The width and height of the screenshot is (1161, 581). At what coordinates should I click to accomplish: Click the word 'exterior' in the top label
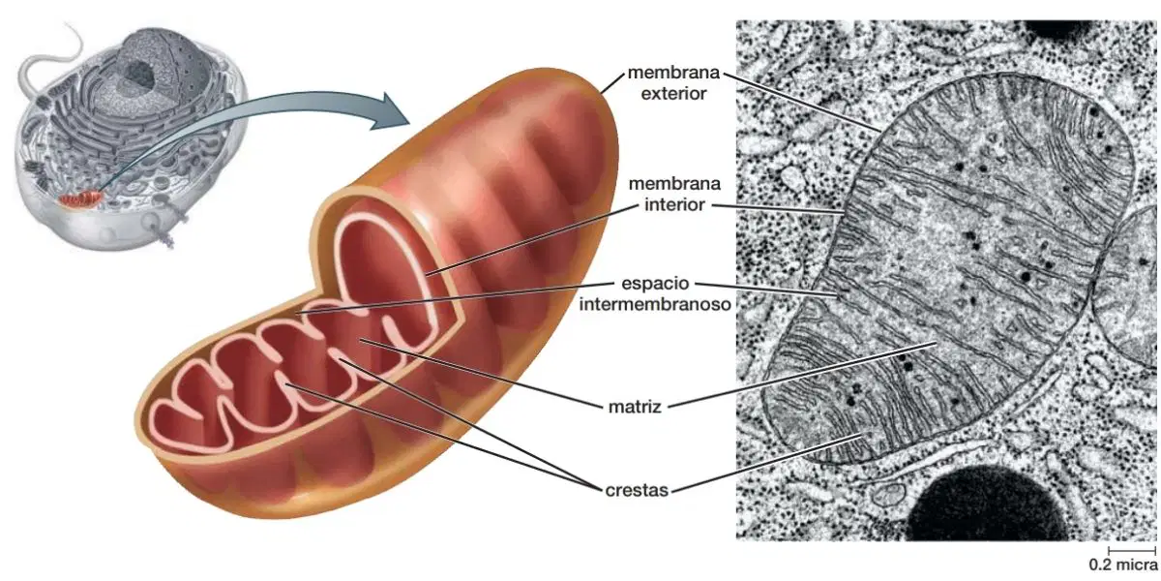pos(673,94)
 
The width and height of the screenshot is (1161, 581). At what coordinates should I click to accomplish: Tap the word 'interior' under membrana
pos(674,205)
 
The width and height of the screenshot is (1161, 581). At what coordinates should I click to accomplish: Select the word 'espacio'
pos(655,283)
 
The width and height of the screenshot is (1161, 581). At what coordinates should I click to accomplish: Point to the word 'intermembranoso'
pos(655,304)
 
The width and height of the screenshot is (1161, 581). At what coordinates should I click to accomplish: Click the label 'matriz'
pos(635,407)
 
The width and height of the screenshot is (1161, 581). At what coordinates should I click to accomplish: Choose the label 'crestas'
pos(637,490)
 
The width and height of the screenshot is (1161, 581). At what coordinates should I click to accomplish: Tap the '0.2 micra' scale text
pos(1122,564)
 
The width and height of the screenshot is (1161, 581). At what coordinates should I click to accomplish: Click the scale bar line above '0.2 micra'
pos(1132,550)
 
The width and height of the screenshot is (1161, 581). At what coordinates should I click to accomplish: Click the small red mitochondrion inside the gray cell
pos(80,199)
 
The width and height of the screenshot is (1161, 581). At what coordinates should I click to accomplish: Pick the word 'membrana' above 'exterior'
pos(673,73)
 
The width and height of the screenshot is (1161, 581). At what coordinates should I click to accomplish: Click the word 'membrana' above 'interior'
pos(674,184)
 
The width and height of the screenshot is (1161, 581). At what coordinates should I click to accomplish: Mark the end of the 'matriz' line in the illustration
pos(361,340)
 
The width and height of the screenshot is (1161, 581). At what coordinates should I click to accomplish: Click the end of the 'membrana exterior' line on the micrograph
pos(879,130)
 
